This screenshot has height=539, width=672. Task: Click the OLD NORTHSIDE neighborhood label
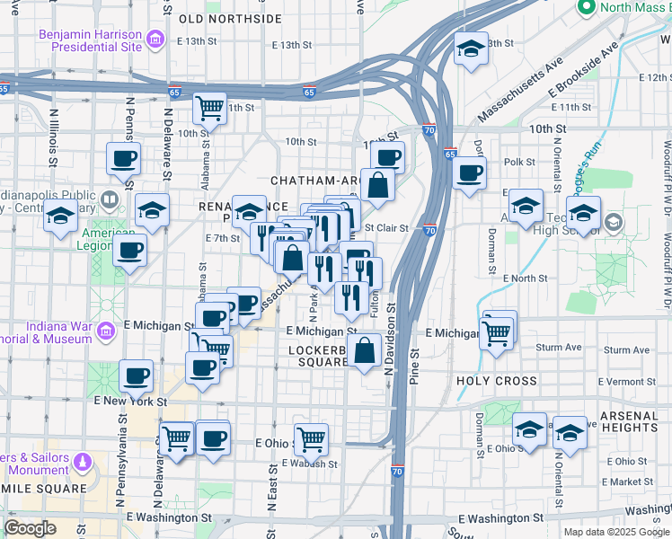[230, 18]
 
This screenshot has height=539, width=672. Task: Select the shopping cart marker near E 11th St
[209, 109]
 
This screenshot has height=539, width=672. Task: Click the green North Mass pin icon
[586, 8]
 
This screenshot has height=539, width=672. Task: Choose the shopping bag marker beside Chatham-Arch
[378, 185]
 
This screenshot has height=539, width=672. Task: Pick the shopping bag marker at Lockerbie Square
[365, 350]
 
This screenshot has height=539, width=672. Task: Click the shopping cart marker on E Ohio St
[311, 439]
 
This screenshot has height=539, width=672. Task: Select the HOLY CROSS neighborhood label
[497, 381]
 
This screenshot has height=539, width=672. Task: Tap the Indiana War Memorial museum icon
[106, 331]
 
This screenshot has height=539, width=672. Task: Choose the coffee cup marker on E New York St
[137, 375]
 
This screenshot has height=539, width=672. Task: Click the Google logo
[31, 528]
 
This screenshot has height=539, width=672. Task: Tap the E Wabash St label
[309, 464]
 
